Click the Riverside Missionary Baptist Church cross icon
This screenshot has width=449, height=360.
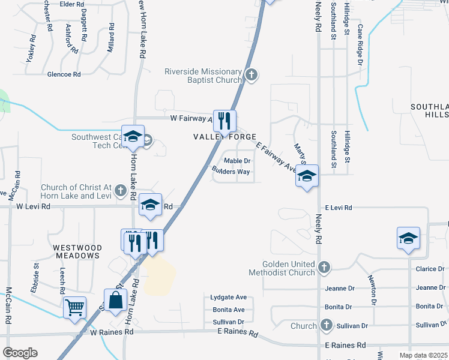coord(252,76)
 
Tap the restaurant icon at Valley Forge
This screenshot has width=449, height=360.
coord(224,121)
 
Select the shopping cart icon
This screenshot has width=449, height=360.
coord(75,307)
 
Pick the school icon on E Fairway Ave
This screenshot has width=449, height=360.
coord(307,176)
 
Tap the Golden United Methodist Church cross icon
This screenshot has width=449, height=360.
coord(324,267)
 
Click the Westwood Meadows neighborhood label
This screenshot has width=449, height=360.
coord(76,251)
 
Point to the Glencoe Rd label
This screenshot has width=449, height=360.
coord(64,74)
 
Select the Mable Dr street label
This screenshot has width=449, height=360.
coord(237,161)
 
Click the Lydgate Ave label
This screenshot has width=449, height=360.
coord(228,298)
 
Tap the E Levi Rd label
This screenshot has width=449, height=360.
coord(338,208)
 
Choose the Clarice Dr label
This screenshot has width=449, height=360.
coord(430,269)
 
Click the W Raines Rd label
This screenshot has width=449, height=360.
coord(111,332)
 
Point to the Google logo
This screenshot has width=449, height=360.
coord(19,353)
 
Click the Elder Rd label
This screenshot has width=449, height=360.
coord(71,4)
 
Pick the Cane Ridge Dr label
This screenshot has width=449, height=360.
coord(360,46)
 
